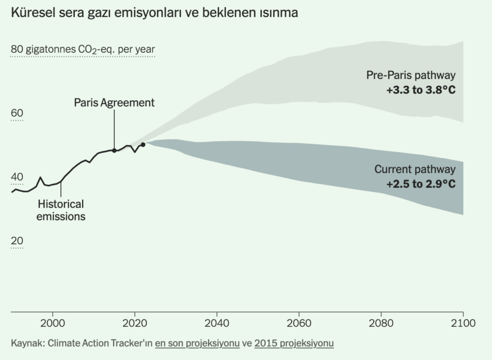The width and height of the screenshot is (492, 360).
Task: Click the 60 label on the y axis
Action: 17,113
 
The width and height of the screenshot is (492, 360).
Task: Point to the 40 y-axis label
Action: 17,177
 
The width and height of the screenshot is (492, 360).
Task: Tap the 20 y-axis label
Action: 17,241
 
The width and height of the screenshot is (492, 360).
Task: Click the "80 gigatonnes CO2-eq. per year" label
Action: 83,50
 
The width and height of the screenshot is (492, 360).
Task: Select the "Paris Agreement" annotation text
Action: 114,102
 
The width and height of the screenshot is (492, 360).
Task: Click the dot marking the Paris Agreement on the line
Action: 114,150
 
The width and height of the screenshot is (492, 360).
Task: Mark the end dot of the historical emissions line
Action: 143,145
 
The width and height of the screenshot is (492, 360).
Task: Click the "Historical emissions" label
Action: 61,210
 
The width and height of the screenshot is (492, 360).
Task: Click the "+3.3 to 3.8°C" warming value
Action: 421,90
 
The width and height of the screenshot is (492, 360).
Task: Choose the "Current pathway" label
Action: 415,170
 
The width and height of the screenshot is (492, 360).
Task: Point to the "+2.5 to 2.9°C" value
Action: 421,185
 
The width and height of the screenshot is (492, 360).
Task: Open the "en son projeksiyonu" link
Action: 197,343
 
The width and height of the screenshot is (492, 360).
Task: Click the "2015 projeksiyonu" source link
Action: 294,343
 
